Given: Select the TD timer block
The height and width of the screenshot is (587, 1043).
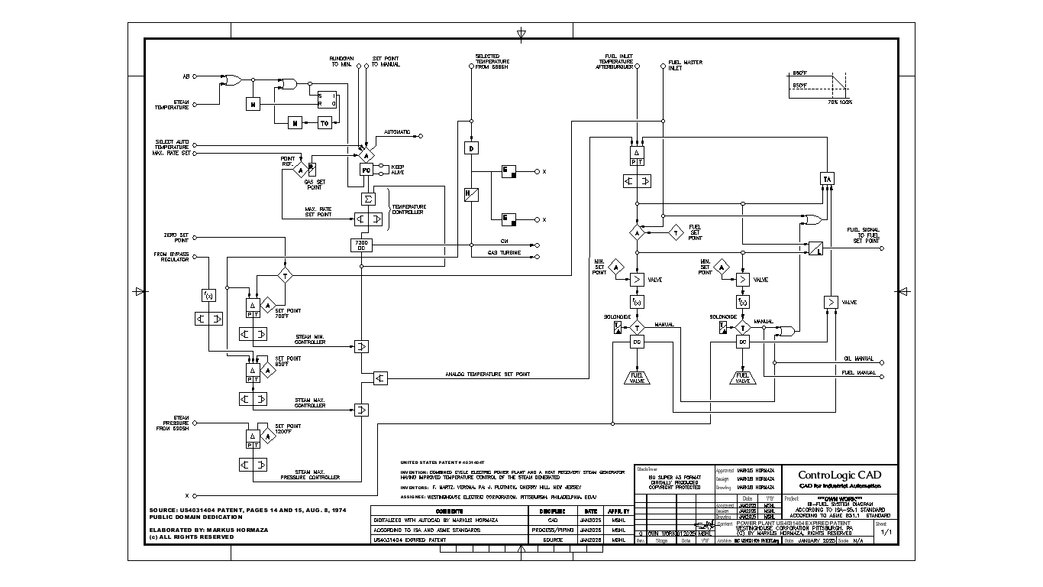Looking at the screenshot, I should point(325,123).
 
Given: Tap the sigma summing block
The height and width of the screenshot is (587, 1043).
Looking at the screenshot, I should point(367,199).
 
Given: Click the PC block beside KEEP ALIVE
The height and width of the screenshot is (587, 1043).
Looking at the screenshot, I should point(366,170).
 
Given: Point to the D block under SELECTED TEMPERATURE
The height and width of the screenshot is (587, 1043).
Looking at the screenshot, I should point(471,148).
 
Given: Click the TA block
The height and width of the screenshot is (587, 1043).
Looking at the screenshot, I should point(827,178).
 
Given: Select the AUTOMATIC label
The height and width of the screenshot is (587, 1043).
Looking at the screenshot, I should point(396,132).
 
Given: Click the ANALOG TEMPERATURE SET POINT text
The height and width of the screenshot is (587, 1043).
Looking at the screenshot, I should point(487,375).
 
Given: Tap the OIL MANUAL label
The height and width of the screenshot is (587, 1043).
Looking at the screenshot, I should point(859,358).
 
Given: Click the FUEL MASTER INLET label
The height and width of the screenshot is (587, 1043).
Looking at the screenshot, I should point(685,65).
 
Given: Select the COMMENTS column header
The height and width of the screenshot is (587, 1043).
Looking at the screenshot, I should point(450,511).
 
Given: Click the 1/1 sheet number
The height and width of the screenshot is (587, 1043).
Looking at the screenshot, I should point(886,532).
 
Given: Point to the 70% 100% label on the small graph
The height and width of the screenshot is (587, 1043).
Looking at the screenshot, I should point(841,101).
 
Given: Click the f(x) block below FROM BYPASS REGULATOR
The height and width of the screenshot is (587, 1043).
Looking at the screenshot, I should point(208,295).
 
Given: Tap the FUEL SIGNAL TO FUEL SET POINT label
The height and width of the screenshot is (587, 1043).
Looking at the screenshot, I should point(863,235).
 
